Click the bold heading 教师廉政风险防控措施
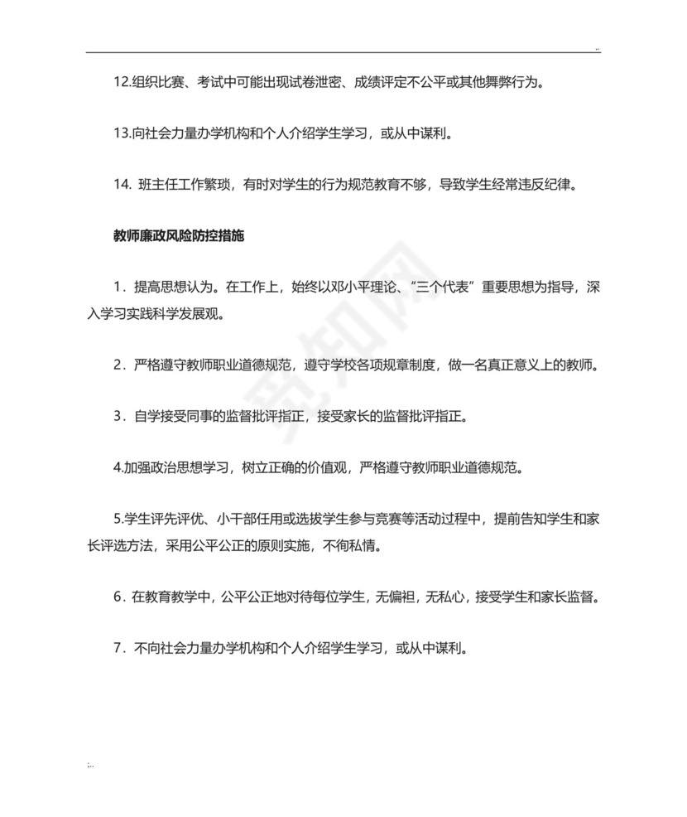click(179, 235)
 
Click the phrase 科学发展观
click(190, 314)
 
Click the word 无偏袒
click(398, 597)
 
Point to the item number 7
click(119, 648)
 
